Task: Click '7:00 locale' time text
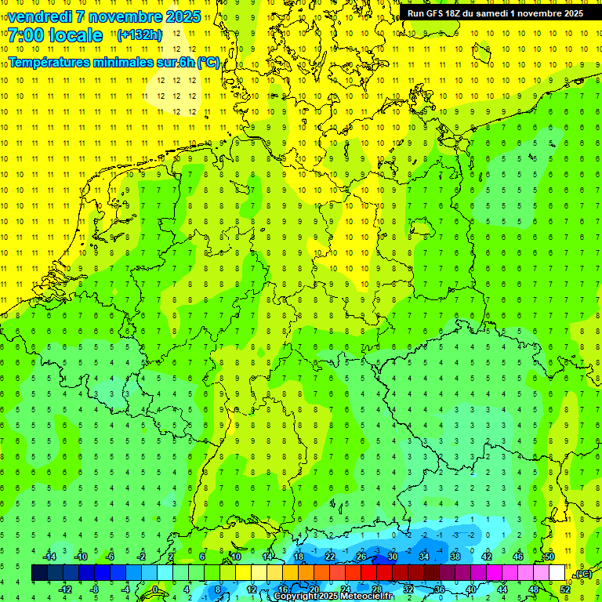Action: point(55,35)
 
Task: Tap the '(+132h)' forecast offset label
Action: point(139,35)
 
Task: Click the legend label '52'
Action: point(565,589)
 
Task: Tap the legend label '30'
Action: point(392,557)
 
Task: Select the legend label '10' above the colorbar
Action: point(235,557)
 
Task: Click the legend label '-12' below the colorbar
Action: point(65,589)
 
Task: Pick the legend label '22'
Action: point(329,557)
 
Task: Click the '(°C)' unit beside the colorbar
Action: point(583,575)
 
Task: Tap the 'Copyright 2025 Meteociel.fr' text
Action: point(333,597)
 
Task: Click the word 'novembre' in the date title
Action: point(126,16)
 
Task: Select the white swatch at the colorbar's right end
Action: point(557,573)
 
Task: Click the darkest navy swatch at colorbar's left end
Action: point(39,573)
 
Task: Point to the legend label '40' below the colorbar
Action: point(471,589)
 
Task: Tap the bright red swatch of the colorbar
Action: point(368,573)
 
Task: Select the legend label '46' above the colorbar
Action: point(517,557)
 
